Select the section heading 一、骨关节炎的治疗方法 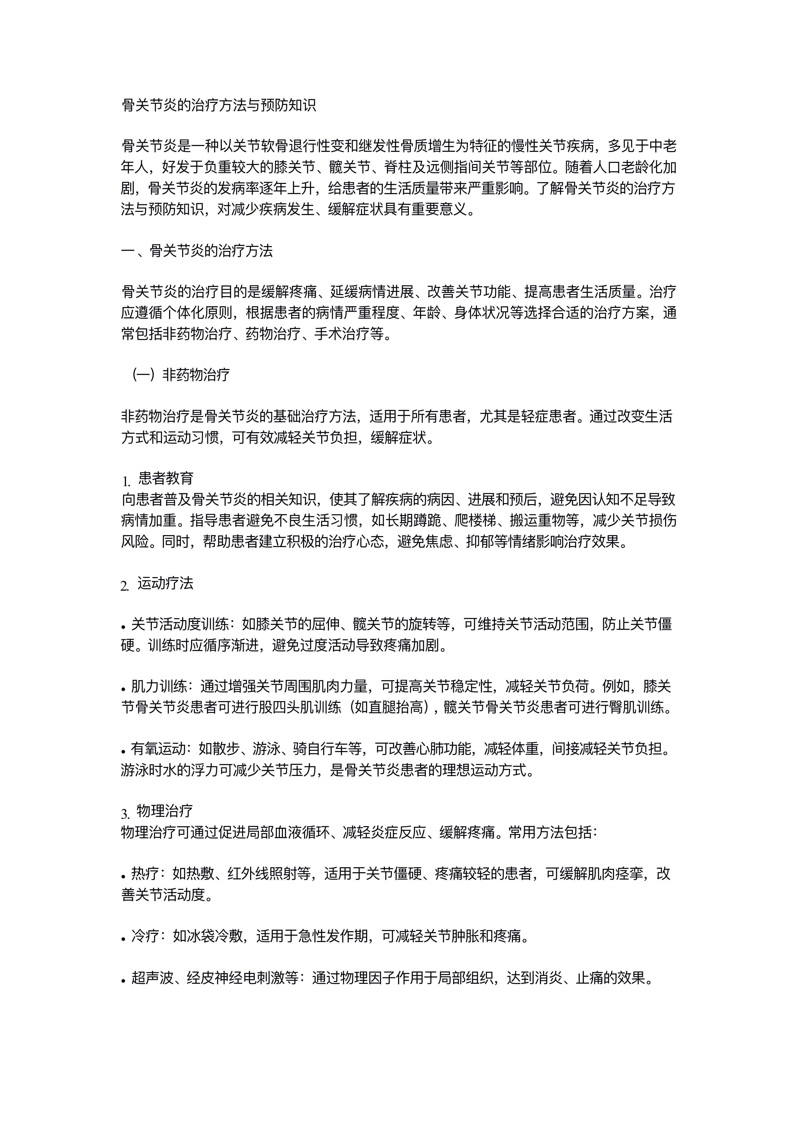click(197, 251)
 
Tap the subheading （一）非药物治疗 click(181, 375)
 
